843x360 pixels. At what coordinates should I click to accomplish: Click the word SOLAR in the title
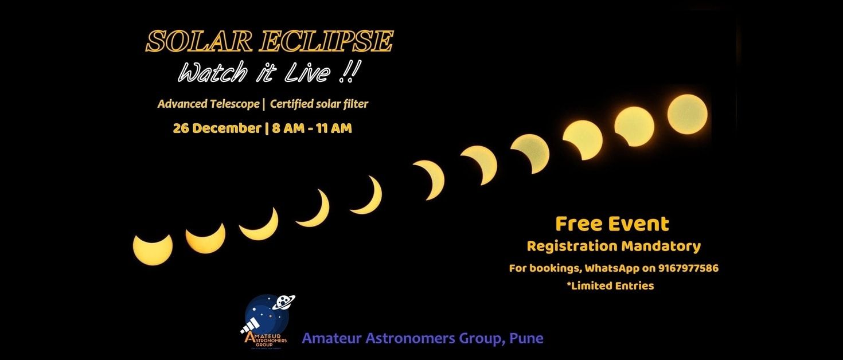pyautogui.click(x=198, y=41)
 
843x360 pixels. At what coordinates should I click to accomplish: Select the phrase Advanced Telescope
pyautogui.click(x=209, y=104)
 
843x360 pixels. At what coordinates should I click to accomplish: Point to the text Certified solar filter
pyautogui.click(x=319, y=104)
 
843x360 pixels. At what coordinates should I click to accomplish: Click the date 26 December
pyautogui.click(x=217, y=128)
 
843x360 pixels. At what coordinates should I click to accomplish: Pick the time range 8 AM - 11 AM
pyautogui.click(x=312, y=128)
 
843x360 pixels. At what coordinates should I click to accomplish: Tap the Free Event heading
pyautogui.click(x=612, y=224)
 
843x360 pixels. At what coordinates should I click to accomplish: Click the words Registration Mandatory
pyautogui.click(x=614, y=246)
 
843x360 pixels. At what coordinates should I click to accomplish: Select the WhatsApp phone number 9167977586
pyautogui.click(x=688, y=268)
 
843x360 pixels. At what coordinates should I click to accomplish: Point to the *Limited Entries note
pyautogui.click(x=610, y=286)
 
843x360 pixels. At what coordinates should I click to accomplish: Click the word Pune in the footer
pyautogui.click(x=526, y=338)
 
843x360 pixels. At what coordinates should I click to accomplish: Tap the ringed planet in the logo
pyautogui.click(x=284, y=302)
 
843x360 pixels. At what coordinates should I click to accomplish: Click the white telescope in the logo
pyautogui.click(x=251, y=324)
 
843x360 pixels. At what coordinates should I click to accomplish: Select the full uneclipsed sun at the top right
pyautogui.click(x=687, y=114)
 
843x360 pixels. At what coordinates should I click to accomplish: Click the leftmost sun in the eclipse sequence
pyautogui.click(x=153, y=249)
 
